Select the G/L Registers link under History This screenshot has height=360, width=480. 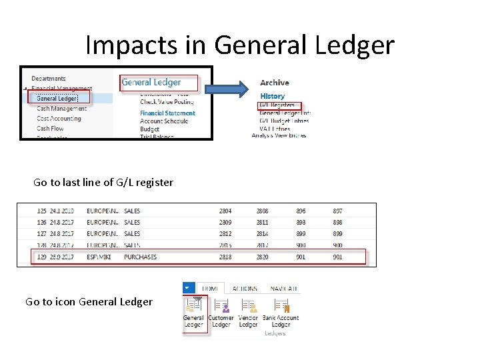click(278, 105)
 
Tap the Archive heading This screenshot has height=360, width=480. click(275, 83)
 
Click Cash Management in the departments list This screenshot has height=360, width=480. click(61, 109)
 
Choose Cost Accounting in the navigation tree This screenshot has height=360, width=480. click(59, 119)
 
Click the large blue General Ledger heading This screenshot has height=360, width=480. click(151, 83)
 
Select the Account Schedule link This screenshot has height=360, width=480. click(164, 121)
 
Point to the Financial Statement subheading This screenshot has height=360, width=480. click(167, 113)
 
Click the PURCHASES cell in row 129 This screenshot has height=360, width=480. click(140, 257)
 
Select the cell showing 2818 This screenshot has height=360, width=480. click(225, 257)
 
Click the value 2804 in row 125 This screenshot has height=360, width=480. click(225, 211)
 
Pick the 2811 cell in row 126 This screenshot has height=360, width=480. click(263, 222)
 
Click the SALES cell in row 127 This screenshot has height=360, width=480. click(132, 234)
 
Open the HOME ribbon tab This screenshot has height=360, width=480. click(210, 289)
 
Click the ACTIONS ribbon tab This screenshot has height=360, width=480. click(245, 289)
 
